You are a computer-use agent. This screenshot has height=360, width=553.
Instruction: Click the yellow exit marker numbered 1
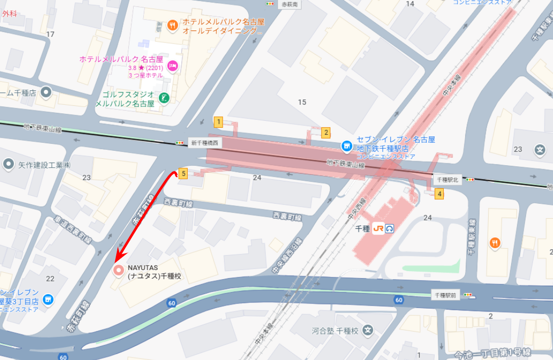[x=218, y=121]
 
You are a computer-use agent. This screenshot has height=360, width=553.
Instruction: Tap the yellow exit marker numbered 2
[x=326, y=133]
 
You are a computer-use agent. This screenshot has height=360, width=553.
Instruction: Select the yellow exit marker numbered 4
[x=439, y=194]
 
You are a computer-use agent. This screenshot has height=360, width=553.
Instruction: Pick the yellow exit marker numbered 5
[x=183, y=174]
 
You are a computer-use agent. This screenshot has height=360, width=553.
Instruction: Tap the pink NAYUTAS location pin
[x=119, y=271]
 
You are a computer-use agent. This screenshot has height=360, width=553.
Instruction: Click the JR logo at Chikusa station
[x=378, y=228]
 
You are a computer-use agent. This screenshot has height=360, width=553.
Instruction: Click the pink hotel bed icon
[x=173, y=65]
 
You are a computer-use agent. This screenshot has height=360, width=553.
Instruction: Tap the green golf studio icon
[x=163, y=98]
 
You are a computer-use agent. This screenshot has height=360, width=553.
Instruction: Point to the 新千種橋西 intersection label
[x=205, y=143]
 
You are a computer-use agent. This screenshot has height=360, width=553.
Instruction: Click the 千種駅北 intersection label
[x=447, y=180]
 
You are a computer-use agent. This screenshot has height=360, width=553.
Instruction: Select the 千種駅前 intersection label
[x=446, y=295]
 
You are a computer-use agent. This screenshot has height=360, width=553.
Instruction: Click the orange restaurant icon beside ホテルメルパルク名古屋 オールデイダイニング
[x=173, y=25]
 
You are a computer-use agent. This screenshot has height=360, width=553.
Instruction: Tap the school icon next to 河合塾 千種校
[x=368, y=330]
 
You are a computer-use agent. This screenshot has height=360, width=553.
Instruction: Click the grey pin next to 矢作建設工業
[x=8, y=164]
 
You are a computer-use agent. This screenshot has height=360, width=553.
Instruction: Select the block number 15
[x=302, y=102]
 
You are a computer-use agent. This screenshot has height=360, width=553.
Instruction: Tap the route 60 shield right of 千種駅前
[x=398, y=300]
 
